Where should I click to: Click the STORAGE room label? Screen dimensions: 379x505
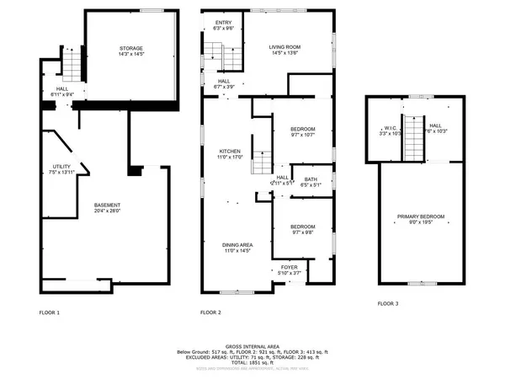130,50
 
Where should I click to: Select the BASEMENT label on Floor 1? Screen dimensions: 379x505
107,206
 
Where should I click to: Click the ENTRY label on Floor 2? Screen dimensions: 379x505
223,23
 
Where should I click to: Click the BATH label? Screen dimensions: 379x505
311,179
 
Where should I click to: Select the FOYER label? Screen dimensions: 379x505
289,268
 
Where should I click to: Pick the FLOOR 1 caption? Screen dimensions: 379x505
50,312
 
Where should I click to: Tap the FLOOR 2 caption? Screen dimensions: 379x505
210,312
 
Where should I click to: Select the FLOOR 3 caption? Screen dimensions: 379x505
388,302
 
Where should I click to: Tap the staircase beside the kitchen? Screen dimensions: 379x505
263,160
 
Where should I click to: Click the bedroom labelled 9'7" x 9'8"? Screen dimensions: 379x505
302,227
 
